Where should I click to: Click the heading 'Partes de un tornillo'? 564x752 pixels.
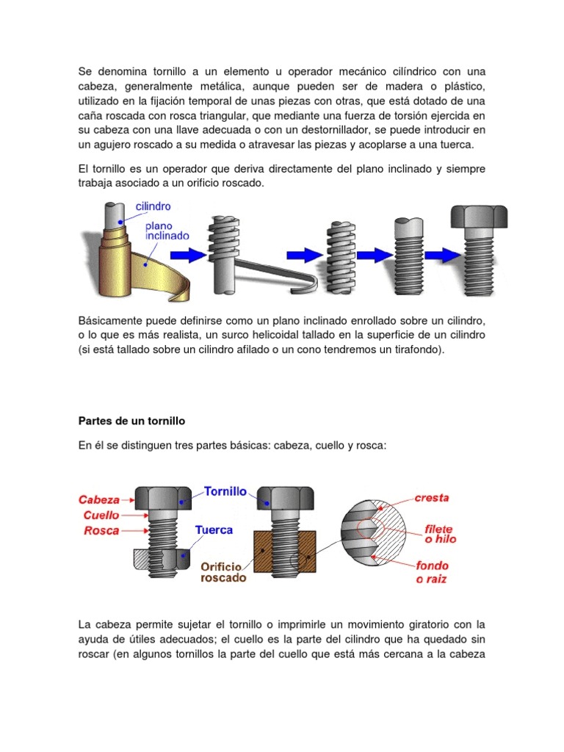(x=131, y=422)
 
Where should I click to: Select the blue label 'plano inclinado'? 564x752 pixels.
(x=167, y=231)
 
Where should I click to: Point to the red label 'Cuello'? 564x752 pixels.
(x=101, y=514)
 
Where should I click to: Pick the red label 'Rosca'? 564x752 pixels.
(x=101, y=529)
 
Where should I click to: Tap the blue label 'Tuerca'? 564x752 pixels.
(x=214, y=529)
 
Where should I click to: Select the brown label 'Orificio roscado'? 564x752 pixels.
(x=223, y=572)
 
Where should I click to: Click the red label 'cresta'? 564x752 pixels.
(x=431, y=497)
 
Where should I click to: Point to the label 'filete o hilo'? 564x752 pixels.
(x=438, y=534)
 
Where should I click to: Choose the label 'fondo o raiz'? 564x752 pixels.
(x=432, y=572)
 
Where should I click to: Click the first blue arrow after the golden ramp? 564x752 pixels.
(x=189, y=255)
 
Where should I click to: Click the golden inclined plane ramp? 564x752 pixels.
(x=140, y=264)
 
